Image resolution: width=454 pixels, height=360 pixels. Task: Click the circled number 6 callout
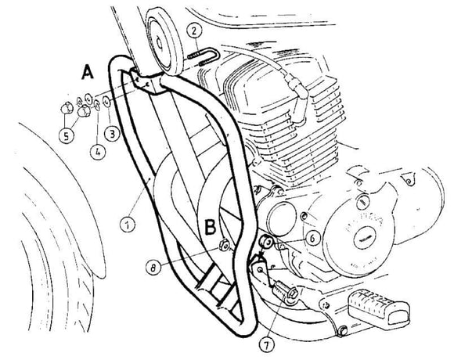(x=311, y=234)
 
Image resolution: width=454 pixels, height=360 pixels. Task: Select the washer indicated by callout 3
(x=106, y=103)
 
